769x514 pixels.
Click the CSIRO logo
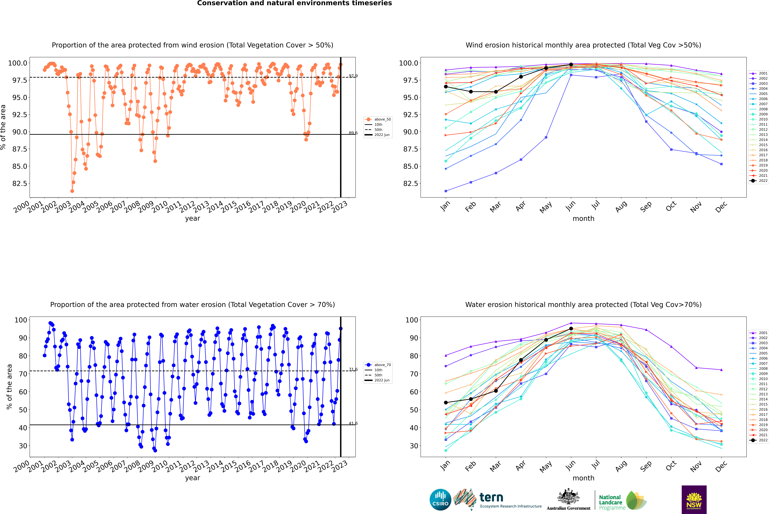click(440, 500)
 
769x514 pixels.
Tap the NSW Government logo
click(694, 500)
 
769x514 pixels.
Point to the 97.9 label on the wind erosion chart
click(353, 76)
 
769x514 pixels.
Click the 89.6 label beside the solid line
click(353, 133)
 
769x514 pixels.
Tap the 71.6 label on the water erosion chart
click(353, 369)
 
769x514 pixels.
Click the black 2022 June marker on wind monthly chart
click(571, 65)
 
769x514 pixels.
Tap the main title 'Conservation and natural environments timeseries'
click(294, 3)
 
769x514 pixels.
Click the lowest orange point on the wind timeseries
click(72, 191)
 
